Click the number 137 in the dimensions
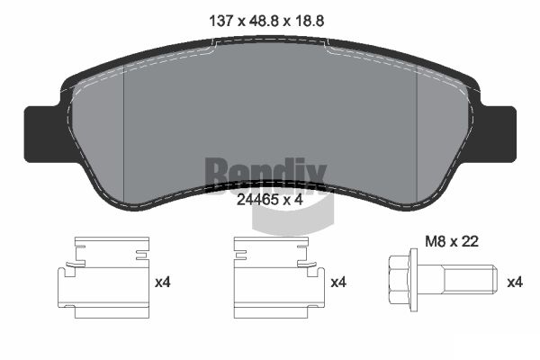click(x=221, y=22)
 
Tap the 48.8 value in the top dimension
click(x=264, y=22)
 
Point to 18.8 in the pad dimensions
click(x=309, y=22)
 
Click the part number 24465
click(x=257, y=200)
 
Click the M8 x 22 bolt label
click(x=452, y=241)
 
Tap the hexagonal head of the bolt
click(x=399, y=280)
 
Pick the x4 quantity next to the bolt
click(x=515, y=283)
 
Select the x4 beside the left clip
click(x=163, y=283)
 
